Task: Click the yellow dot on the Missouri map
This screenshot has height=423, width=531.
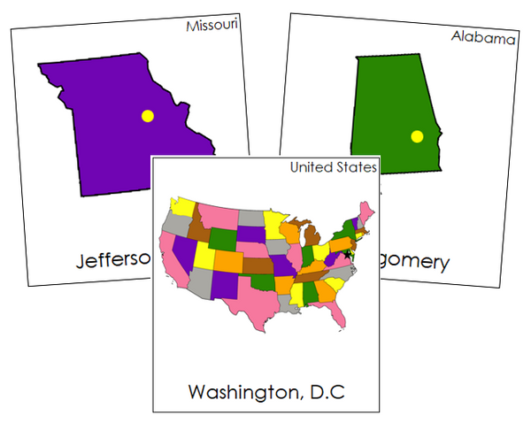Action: coord(148,115)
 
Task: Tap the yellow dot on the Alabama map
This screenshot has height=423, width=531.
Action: coord(418,136)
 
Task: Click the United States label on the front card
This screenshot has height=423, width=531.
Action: coord(334,167)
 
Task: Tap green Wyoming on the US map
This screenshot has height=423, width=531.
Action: coord(222,238)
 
